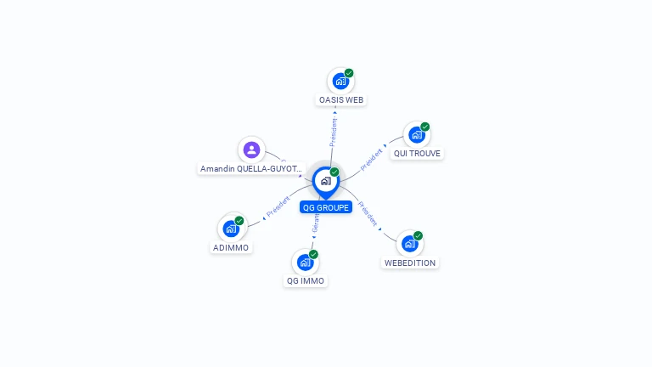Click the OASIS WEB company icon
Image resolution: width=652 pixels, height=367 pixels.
(x=340, y=82)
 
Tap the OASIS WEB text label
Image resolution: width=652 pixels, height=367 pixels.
(x=341, y=99)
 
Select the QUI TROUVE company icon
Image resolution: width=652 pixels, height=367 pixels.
(x=416, y=135)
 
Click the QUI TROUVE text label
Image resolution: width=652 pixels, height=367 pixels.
(x=418, y=154)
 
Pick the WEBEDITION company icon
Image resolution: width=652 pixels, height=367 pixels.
(x=410, y=244)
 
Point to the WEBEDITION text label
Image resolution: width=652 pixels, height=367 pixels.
(x=410, y=263)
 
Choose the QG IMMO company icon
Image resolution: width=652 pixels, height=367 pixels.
(x=305, y=262)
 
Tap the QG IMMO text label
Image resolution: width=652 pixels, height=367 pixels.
(x=306, y=280)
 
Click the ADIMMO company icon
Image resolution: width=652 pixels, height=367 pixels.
(x=231, y=229)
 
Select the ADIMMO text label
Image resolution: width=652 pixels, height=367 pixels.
(x=232, y=247)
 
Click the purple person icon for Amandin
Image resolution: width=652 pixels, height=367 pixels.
(x=251, y=150)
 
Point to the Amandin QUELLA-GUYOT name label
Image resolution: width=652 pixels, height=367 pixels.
(x=250, y=169)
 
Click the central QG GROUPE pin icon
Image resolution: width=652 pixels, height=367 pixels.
(x=325, y=181)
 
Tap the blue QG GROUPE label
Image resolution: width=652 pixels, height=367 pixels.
(x=326, y=207)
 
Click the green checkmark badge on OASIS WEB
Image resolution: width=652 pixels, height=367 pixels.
(x=349, y=73)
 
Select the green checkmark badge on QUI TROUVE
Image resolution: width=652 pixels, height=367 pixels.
(x=424, y=127)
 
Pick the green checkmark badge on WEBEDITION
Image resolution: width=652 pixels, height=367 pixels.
(x=418, y=235)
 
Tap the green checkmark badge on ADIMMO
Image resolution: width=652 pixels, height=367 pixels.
(x=239, y=220)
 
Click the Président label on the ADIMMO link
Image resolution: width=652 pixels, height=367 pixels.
(x=278, y=205)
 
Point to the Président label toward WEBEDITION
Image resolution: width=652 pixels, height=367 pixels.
(x=368, y=212)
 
